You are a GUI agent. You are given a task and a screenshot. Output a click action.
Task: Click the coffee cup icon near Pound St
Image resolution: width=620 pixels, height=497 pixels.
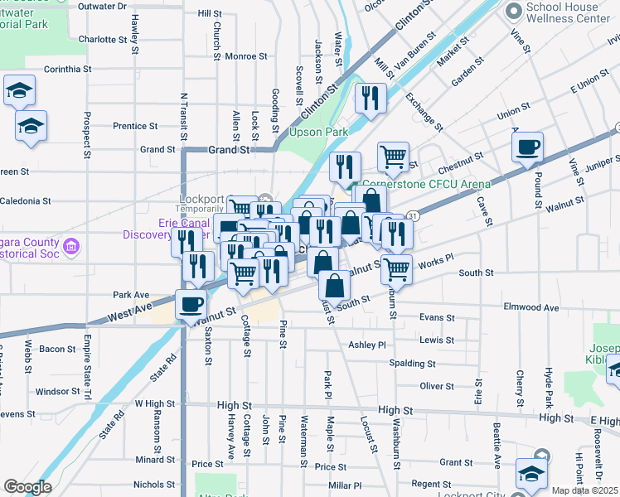click(527, 149)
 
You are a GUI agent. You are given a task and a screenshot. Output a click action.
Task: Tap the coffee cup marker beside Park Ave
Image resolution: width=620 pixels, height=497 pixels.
click(191, 304)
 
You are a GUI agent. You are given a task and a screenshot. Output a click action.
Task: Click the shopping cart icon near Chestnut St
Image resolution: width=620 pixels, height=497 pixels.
click(393, 156)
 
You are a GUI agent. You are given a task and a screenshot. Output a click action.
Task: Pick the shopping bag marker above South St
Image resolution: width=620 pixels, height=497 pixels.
click(333, 286)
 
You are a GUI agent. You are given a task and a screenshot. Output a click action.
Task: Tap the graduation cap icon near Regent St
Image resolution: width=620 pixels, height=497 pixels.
click(530, 474)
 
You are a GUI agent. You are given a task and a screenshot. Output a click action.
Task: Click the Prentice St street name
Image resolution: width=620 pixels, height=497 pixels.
click(135, 127)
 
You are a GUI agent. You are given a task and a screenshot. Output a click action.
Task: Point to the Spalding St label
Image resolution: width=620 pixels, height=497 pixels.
click(415, 364)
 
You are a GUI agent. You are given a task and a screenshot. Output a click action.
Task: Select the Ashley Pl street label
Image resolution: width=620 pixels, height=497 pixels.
click(367, 345)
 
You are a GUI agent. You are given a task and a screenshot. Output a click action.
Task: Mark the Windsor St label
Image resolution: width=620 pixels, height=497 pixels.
click(57, 391)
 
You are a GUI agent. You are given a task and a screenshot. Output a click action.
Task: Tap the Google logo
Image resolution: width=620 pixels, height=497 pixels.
click(27, 487)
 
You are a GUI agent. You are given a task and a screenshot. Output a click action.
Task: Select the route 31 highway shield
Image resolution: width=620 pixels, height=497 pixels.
click(412, 215)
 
